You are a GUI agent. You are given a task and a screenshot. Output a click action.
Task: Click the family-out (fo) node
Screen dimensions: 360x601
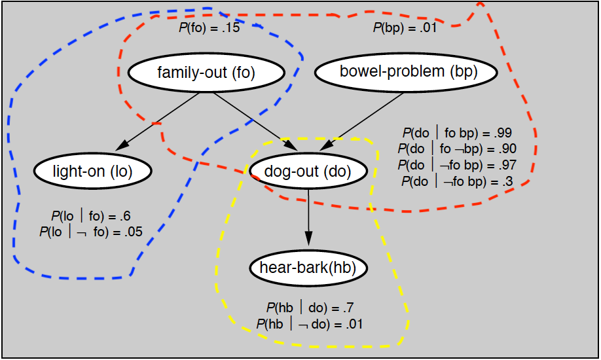206,73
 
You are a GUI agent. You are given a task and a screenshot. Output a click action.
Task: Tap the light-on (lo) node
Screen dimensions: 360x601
93,171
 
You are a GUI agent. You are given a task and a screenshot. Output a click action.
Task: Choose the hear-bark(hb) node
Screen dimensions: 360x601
308,268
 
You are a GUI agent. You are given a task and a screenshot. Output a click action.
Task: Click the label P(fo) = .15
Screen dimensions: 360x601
209,28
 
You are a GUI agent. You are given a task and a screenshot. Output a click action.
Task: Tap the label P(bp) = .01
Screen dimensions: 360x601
404,27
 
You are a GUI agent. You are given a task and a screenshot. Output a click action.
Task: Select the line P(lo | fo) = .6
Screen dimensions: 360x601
92,215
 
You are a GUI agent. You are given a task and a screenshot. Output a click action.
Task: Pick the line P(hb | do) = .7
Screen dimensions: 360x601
310,308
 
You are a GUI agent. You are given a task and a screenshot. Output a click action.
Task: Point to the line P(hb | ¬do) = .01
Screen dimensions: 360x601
310,323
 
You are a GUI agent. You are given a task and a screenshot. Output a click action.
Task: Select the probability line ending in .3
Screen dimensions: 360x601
458,181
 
